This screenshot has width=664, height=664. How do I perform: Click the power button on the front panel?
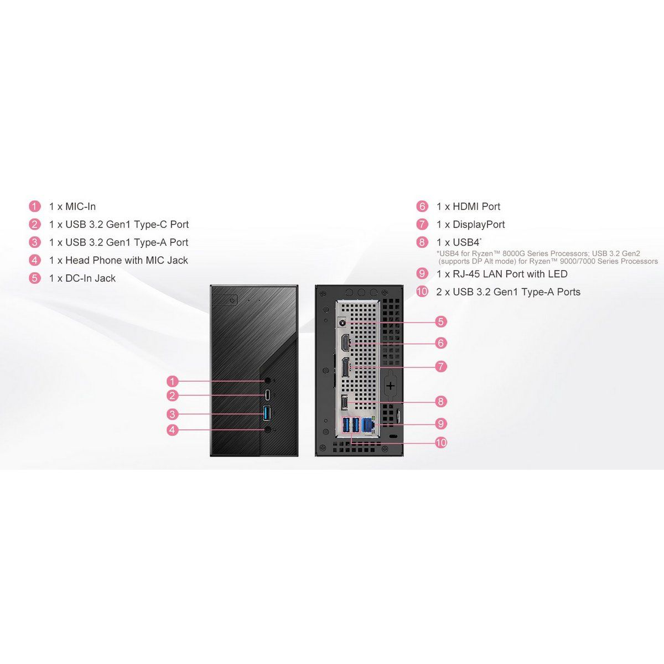232,300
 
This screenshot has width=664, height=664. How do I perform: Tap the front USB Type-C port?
268,395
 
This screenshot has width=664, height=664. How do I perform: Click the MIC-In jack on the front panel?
268,381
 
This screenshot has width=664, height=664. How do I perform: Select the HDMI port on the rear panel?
345,344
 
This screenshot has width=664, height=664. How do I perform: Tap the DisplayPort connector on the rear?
345,368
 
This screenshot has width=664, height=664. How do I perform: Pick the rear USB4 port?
344,403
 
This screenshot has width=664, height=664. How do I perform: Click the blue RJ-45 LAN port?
368,424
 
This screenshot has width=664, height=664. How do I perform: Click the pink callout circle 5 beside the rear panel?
440,321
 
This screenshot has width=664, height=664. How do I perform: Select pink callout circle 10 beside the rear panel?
441,443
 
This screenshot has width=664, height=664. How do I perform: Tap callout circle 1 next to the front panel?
172,381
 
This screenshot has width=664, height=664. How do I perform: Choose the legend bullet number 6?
422,206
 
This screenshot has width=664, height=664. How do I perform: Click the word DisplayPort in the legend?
479,225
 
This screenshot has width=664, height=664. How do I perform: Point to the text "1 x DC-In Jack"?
82,278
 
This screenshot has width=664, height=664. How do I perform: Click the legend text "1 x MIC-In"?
72,206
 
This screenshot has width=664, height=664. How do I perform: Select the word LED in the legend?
558,274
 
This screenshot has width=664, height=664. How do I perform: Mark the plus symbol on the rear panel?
391,386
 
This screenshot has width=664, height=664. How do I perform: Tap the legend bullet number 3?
34,242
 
